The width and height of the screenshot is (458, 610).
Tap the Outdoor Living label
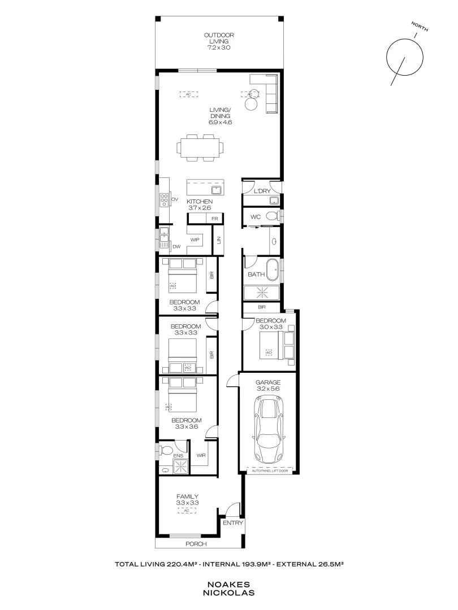(219, 42)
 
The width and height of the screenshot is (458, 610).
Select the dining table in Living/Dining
(200, 148)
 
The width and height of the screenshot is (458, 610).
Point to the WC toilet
(272, 216)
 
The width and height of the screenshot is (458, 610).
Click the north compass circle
(404, 57)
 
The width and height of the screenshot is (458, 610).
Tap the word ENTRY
(232, 523)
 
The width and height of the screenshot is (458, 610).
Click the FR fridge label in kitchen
(214, 219)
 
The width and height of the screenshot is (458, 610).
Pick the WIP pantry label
(196, 239)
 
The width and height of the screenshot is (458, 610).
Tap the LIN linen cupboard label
(218, 239)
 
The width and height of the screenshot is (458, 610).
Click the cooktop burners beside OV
(163, 200)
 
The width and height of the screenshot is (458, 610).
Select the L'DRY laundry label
(262, 191)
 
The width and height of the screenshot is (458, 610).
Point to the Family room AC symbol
(187, 511)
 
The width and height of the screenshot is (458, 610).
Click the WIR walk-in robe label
(201, 455)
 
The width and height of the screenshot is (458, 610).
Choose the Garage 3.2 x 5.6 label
(267, 386)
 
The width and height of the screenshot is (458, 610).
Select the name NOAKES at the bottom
(229, 585)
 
